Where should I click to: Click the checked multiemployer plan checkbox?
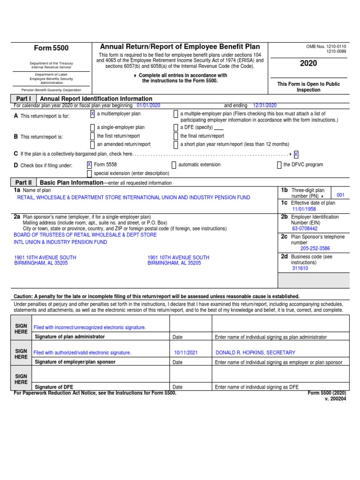tap(92, 114)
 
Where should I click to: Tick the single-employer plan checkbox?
tap(92, 127)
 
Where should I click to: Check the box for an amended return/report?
tap(92, 144)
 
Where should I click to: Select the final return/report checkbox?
tap(176, 136)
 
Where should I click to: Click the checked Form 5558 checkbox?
tap(89, 165)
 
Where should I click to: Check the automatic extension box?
tap(174, 165)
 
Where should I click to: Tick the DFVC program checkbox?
tap(279, 165)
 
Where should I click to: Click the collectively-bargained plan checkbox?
tap(296, 154)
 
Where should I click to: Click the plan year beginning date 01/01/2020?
tap(148, 106)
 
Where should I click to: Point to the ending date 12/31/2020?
tap(265, 106)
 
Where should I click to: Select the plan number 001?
tap(340, 195)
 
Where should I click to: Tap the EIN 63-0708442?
tap(305, 229)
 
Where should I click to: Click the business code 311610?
tap(300, 268)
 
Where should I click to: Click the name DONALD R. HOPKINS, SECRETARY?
tap(255, 352)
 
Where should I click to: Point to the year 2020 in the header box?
tap(308, 63)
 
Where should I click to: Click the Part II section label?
tap(23, 182)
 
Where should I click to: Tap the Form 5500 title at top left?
tap(51, 48)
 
